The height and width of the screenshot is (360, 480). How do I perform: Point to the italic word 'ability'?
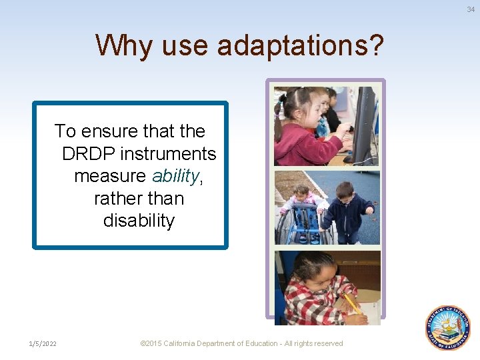[175, 176]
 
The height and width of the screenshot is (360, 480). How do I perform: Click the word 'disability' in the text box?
[139, 221]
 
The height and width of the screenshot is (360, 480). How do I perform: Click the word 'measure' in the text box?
[110, 176]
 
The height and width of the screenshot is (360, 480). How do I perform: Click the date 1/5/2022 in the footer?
[43, 343]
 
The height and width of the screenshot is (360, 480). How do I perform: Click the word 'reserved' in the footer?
[327, 343]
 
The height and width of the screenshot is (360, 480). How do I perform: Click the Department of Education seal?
[448, 328]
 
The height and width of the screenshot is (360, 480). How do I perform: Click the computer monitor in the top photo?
[364, 123]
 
